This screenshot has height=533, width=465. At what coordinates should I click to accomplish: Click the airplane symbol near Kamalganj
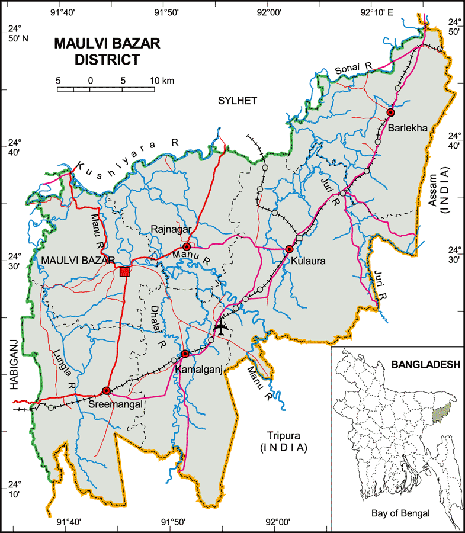[222, 327]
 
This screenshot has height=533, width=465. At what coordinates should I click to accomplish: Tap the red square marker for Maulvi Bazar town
[124, 271]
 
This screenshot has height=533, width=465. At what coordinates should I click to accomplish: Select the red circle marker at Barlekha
[390, 113]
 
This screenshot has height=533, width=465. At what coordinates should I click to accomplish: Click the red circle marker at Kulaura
[289, 249]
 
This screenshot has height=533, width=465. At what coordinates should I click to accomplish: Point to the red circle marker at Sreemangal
[107, 390]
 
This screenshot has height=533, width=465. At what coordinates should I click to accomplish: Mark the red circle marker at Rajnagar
[187, 246]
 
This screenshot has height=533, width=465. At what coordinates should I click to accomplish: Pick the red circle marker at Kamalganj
[185, 354]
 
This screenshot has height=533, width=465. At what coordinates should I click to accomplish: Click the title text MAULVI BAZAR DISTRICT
[107, 52]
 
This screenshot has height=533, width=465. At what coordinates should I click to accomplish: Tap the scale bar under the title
[106, 89]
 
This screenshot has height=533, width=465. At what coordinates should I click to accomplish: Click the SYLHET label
[237, 101]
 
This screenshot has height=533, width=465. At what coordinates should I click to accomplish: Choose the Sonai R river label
[353, 69]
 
